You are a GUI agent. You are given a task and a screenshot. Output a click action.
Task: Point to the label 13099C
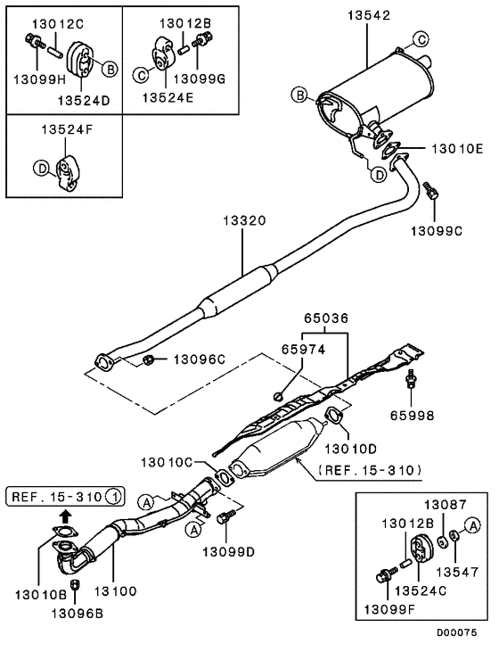tap(436, 231)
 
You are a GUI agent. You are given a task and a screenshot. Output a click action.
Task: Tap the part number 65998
tap(413, 416)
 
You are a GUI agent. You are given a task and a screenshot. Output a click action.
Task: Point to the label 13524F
tap(64, 130)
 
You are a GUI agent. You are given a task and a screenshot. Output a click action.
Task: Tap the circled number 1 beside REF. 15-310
tap(117, 495)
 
